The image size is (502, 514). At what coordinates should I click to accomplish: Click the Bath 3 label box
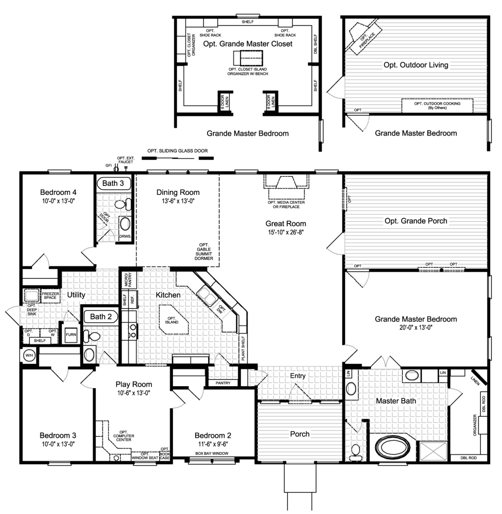113,183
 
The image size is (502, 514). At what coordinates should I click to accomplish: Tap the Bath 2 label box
100,317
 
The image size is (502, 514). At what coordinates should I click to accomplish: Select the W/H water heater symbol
29,355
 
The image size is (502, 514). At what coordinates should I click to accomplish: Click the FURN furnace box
71,334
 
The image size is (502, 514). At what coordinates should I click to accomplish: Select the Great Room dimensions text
286,232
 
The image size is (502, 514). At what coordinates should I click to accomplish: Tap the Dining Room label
178,192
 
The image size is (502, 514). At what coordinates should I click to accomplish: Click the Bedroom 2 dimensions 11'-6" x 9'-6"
213,444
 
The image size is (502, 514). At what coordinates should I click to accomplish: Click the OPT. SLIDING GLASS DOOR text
177,151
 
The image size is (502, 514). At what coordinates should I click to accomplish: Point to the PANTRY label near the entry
223,383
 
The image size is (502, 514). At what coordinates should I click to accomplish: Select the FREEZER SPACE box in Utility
50,296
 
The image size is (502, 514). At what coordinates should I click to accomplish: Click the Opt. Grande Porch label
416,221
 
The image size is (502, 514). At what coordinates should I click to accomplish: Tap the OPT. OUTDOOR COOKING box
437,105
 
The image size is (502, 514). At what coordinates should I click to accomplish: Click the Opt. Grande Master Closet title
248,44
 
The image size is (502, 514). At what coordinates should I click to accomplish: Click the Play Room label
134,385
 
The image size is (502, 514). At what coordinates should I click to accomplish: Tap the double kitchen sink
207,294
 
